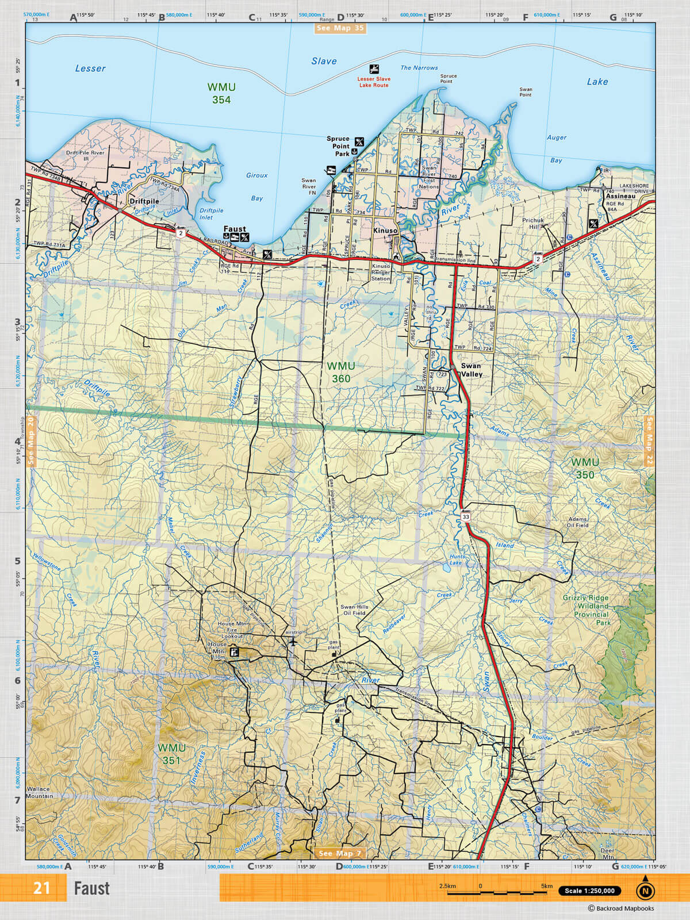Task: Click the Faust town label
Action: coord(235,229)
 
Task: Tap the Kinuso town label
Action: coord(385,231)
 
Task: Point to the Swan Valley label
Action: coord(471,370)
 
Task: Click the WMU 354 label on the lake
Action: coord(221,94)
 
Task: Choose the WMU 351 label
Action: coord(171,754)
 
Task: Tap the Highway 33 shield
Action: coord(465,517)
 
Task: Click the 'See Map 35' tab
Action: coord(340,28)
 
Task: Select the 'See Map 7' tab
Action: coord(340,853)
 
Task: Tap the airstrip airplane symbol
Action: coord(293,642)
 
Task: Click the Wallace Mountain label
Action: coord(39,792)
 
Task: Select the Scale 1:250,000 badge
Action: coord(589,891)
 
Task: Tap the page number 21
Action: coord(41,888)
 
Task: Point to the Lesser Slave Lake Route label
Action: coord(374,82)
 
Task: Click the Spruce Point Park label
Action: coord(338,146)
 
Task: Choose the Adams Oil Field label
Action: coord(577,522)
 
